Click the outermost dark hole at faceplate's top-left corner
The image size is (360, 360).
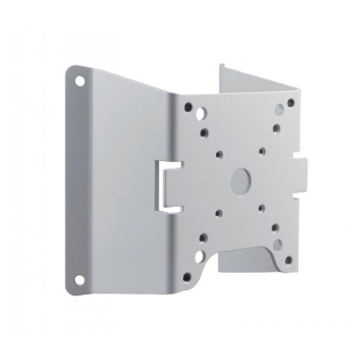[188, 108]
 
